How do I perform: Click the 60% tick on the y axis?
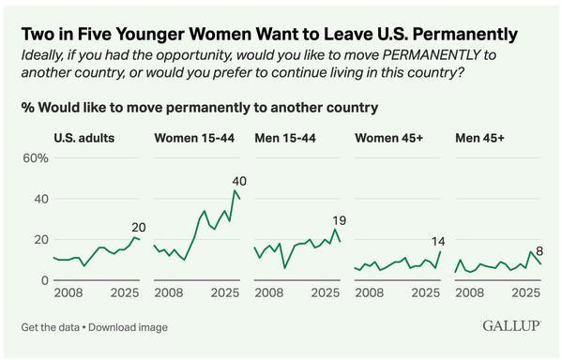[x=35, y=158]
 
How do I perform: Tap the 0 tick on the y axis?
[x=43, y=280]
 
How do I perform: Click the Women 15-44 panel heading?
[x=192, y=138]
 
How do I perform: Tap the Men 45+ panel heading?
[x=481, y=138]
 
